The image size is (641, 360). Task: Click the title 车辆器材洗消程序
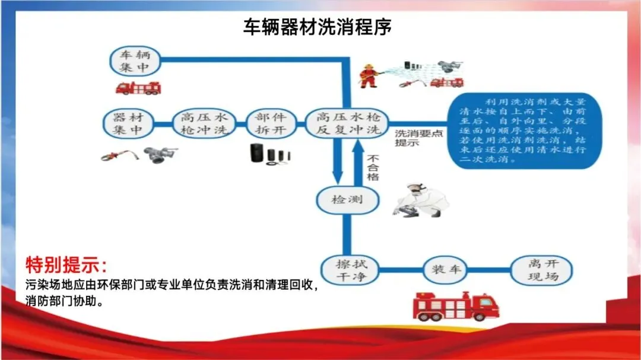318,27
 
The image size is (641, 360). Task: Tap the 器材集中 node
128,123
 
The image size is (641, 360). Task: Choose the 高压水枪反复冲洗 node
347,123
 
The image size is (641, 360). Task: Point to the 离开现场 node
542,270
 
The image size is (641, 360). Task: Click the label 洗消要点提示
419,138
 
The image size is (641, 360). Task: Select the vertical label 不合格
373,168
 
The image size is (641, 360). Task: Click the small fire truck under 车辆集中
138,88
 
